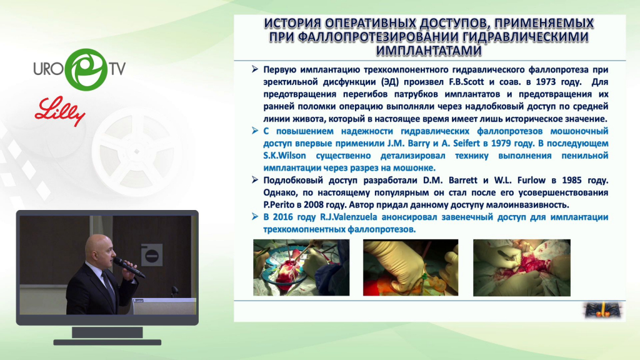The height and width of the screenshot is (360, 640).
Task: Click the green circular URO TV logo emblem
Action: point(86,69)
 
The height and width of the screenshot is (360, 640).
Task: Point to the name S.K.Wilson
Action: point(284,156)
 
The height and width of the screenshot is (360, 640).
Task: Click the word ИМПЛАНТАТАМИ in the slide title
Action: point(429,51)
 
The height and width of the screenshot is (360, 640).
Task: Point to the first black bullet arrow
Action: point(255,69)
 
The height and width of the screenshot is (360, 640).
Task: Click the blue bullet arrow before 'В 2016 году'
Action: point(255,216)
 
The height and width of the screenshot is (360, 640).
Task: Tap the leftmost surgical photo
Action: point(301,267)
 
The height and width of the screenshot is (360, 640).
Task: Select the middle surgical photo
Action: point(411,267)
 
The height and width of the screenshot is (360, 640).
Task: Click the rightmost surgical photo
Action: point(522,267)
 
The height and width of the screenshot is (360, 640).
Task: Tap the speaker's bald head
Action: point(99,247)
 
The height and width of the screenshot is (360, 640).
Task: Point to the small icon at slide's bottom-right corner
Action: point(603,311)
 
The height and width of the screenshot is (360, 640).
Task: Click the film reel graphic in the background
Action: point(137,152)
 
